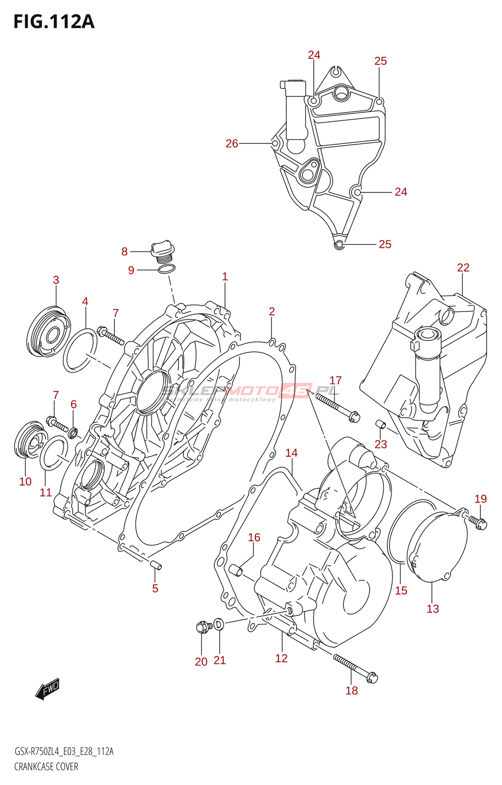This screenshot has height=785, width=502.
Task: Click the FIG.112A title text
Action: click(54, 22)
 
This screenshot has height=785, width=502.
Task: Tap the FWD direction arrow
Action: click(48, 688)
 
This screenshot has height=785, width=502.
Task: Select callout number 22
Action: click(463, 268)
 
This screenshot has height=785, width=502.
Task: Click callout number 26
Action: click(231, 143)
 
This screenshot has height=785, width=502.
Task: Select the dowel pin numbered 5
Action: click(155, 565)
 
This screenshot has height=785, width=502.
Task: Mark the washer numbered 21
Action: click(219, 624)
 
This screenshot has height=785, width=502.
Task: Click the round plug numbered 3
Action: click(48, 332)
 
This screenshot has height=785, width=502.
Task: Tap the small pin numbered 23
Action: click(380, 424)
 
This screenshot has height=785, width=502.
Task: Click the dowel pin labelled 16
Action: click(236, 570)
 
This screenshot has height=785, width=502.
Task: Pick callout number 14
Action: click(291, 453)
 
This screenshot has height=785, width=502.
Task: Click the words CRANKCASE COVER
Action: click(46, 766)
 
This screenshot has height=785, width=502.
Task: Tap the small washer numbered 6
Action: click(73, 433)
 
